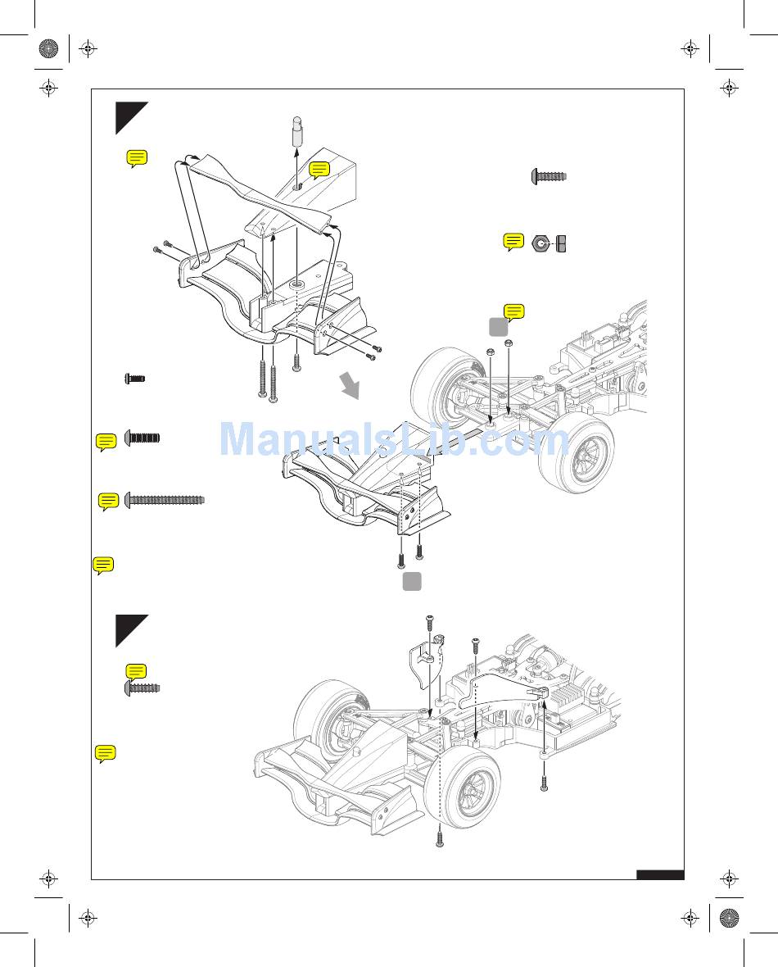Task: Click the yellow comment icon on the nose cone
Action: pyautogui.click(x=319, y=170)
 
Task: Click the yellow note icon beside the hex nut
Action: pyautogui.click(x=513, y=242)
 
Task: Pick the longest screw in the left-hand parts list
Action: pyautogui.click(x=165, y=500)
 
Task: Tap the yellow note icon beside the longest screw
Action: pyautogui.click(x=108, y=501)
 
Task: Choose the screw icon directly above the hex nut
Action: pyautogui.click(x=550, y=176)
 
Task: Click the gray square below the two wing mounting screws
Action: pyautogui.click(x=412, y=581)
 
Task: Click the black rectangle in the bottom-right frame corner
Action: pyautogui.click(x=660, y=874)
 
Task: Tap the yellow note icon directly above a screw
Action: pyautogui.click(x=137, y=671)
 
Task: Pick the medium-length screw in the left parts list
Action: pyautogui.click(x=142, y=438)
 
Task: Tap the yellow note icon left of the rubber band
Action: pyautogui.click(x=137, y=159)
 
